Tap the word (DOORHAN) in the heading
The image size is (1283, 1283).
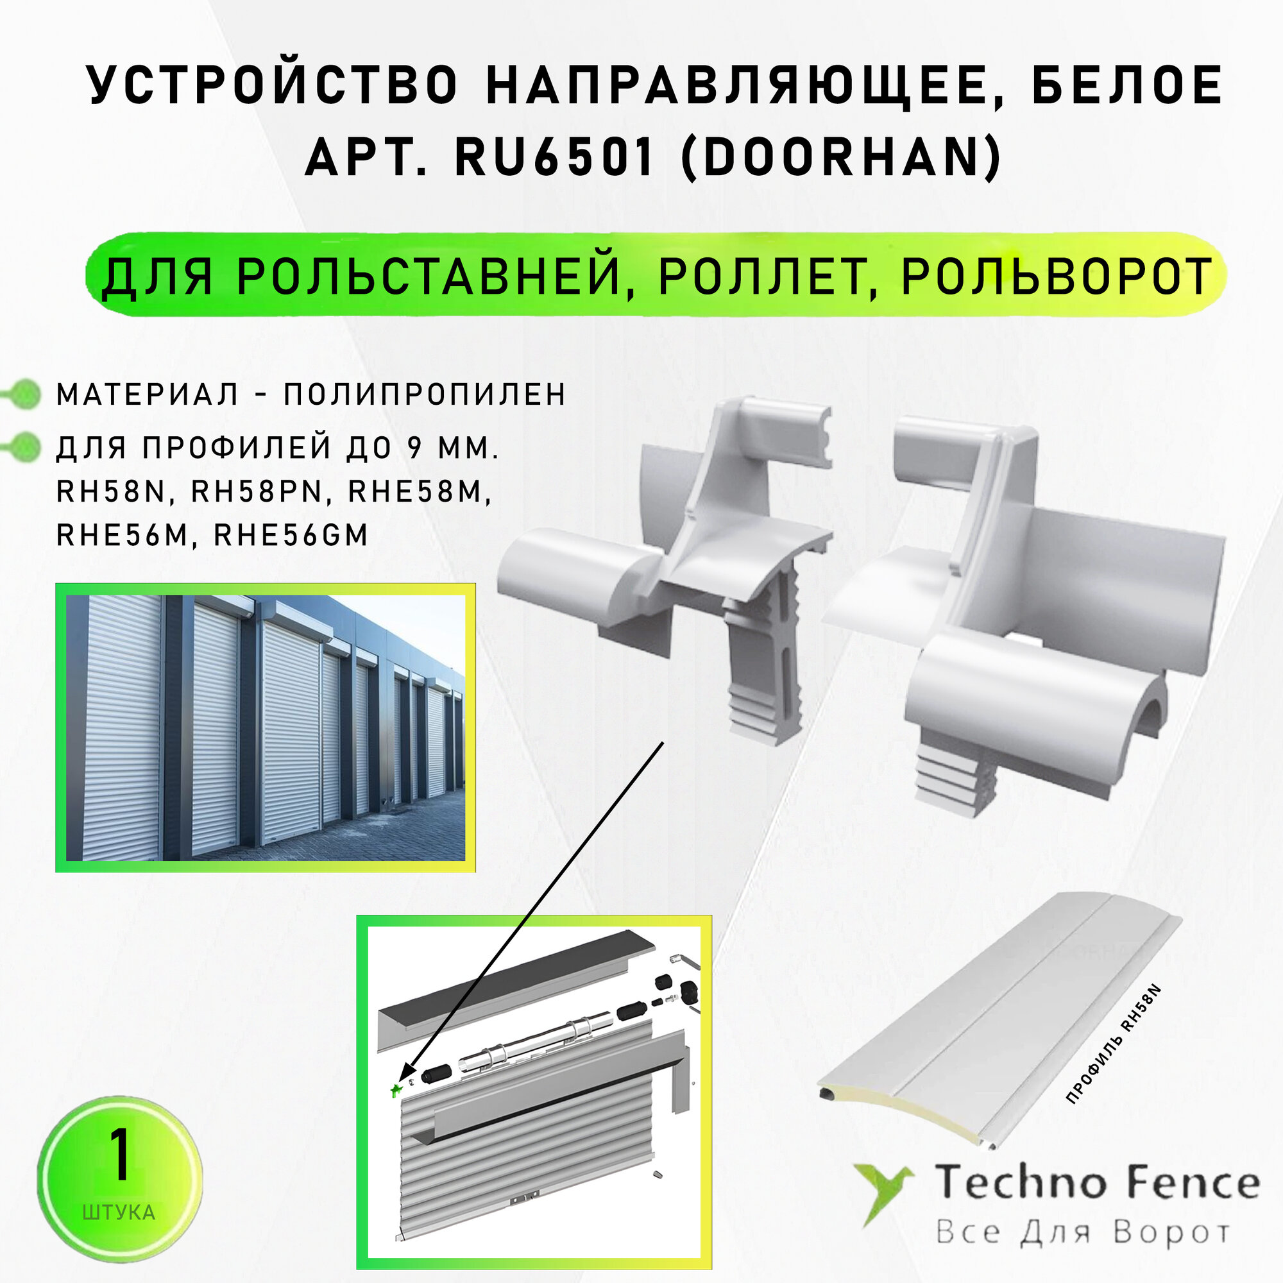click(842, 158)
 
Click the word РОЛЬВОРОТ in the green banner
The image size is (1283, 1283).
click(1057, 276)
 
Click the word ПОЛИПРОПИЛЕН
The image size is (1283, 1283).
click(425, 395)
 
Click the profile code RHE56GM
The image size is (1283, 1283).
click(290, 535)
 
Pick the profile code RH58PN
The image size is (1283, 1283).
click(257, 492)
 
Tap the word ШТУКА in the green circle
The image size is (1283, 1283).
click(119, 1212)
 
